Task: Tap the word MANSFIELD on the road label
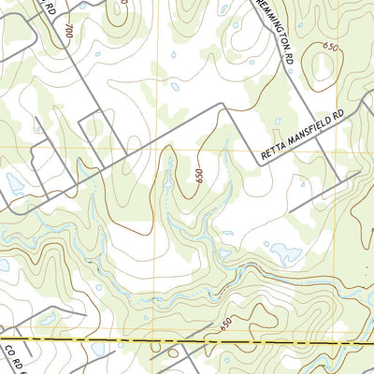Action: pyautogui.click(x=309, y=138)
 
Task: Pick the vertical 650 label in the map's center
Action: pyautogui.click(x=198, y=174)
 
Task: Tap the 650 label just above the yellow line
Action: pyautogui.click(x=225, y=324)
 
